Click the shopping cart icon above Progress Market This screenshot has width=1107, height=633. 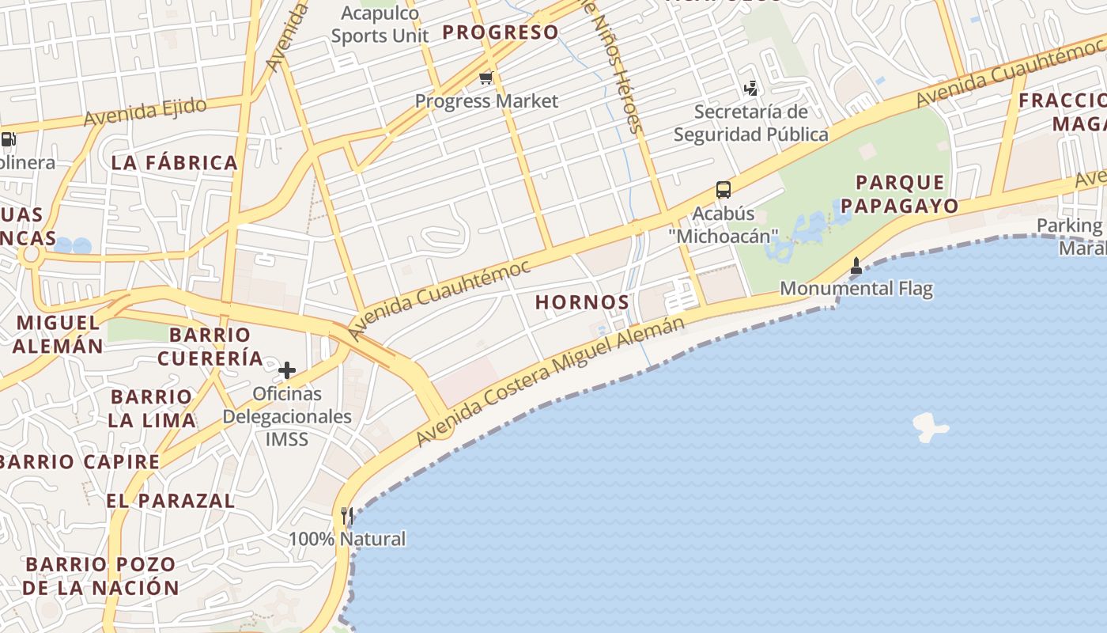[485, 78]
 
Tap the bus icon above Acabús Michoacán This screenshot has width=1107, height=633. [723, 189]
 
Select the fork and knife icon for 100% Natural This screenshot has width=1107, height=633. [346, 516]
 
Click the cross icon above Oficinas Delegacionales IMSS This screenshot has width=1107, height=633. [286, 370]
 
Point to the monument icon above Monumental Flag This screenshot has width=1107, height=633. [856, 266]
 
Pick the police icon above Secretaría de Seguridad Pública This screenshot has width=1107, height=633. [750, 88]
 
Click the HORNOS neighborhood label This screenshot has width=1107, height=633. [582, 302]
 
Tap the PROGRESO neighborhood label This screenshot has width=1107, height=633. [500, 32]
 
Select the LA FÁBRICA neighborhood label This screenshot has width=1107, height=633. [174, 163]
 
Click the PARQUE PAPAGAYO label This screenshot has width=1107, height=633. [899, 194]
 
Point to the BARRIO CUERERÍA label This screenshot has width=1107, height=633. [210, 347]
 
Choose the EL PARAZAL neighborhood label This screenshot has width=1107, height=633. [171, 501]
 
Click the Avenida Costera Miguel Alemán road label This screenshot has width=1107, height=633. [550, 379]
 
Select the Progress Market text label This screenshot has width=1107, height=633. [486, 101]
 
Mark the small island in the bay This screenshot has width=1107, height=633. [930, 426]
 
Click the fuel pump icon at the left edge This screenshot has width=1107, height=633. [8, 140]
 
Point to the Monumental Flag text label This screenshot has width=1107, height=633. [856, 289]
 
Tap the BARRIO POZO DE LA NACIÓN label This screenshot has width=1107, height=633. [100, 576]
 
